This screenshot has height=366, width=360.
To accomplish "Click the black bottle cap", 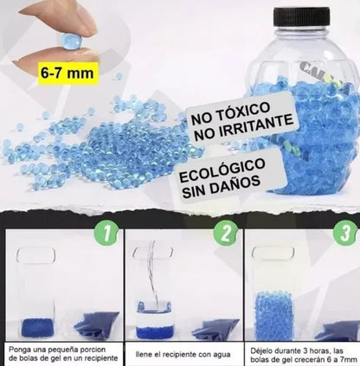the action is pyautogui.click(x=302, y=16).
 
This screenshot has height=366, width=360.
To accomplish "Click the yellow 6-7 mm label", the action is pyautogui.click(x=67, y=73).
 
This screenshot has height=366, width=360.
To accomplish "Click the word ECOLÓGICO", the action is pyautogui.click(x=222, y=170).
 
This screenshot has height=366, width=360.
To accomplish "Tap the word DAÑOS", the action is pyautogui.click(x=237, y=183).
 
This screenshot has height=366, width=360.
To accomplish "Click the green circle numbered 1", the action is pyautogui.click(x=106, y=234).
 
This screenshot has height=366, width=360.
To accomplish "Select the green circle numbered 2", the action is pyautogui.click(x=226, y=234).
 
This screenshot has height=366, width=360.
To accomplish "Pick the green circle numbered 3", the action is pyautogui.click(x=344, y=234).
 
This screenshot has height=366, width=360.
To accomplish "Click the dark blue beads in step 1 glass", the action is pyautogui.click(x=37, y=328).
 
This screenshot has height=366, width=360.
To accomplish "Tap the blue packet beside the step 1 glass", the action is pyautogui.click(x=97, y=325).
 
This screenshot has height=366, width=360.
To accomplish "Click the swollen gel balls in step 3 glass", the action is pyautogui.click(x=273, y=316).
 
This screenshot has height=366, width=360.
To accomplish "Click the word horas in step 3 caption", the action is pyautogui.click(x=321, y=351).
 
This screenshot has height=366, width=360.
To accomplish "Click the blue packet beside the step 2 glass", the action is pyautogui.click(x=215, y=329).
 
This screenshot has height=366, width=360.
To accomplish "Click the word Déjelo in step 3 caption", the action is pyautogui.click(x=260, y=351).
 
